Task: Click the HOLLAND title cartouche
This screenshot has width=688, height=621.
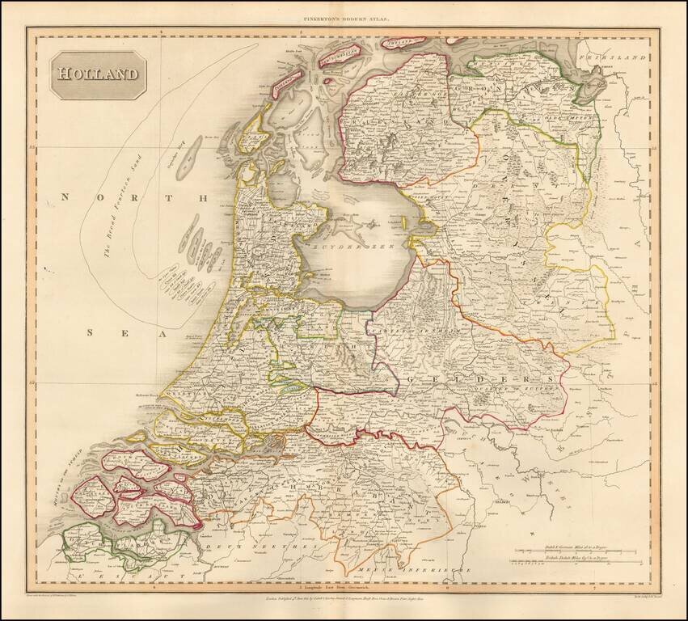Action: [x=96, y=74]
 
